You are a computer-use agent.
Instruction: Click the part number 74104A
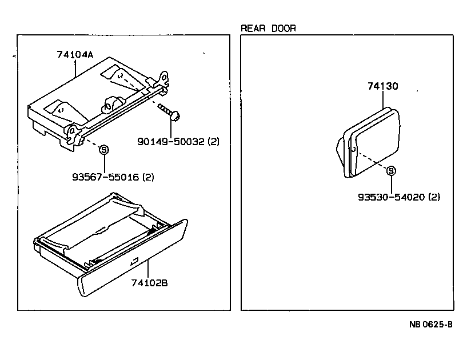pyautogui.click(x=75, y=55)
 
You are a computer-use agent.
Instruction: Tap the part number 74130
pyautogui.click(x=382, y=86)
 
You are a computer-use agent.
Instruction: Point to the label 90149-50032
pyautogui.click(x=170, y=141)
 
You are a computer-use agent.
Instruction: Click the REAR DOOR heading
pyautogui.click(x=268, y=28)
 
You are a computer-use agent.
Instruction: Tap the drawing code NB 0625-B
pyautogui.click(x=430, y=325)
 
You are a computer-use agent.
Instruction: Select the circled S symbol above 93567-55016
pyautogui.click(x=104, y=150)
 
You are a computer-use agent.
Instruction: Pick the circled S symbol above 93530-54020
pyautogui.click(x=391, y=170)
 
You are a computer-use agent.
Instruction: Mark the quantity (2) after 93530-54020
pyautogui.click(x=434, y=197)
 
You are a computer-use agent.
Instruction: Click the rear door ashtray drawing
pyautogui.click(x=369, y=143)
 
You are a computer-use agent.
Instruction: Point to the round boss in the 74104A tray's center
pyautogui.click(x=111, y=105)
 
